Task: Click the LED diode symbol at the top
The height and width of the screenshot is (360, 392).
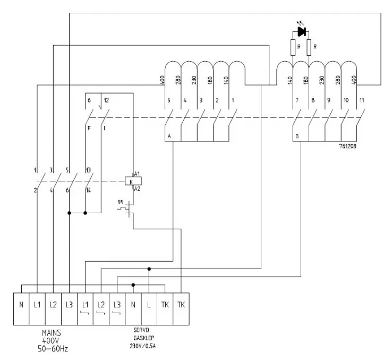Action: tap(302, 31)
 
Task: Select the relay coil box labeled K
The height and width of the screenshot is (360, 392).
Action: tap(130, 181)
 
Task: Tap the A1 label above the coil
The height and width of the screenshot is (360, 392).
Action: tap(137, 174)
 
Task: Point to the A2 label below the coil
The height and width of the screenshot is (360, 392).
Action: tap(137, 189)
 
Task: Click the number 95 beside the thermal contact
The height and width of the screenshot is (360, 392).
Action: tap(121, 203)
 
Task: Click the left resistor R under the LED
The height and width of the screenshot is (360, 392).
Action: tap(293, 48)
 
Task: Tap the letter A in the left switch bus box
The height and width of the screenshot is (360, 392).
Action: tap(170, 136)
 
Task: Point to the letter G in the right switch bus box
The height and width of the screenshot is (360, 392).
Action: tap(297, 136)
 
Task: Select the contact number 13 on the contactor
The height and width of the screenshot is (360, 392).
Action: tap(88, 171)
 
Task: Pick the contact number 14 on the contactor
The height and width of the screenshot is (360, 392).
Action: tap(88, 189)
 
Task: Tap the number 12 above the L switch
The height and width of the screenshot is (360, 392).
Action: tap(106, 99)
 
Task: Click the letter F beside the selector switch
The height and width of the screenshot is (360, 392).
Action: tap(89, 128)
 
